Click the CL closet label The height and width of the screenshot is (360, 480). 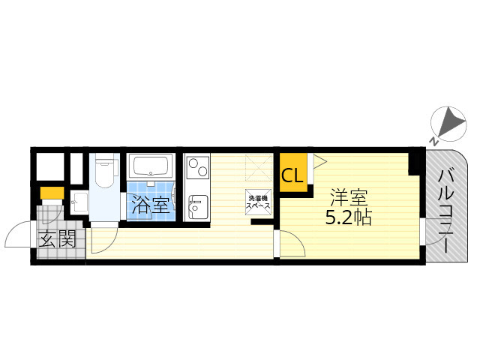click(292, 176)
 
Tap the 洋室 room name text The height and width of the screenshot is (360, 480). click(348, 199)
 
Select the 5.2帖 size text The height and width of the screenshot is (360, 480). click(348, 219)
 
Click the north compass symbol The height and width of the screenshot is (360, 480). click(447, 122)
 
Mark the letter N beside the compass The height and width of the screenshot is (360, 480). click(433, 140)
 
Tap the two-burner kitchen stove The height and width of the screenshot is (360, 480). click(196, 170)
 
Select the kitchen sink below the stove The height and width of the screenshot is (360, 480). click(196, 207)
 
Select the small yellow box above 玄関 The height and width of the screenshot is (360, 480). click(52, 193)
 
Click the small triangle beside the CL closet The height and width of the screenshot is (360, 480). click(317, 160)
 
